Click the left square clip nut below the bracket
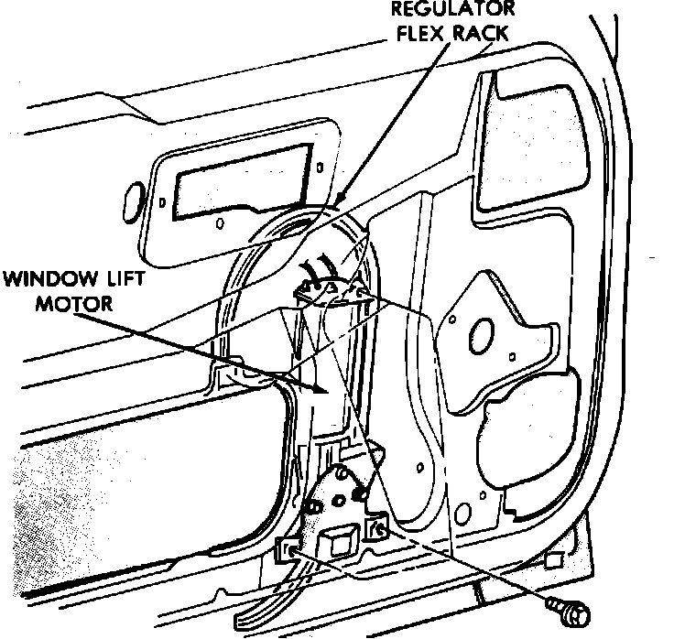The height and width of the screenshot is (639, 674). pos(287,552)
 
